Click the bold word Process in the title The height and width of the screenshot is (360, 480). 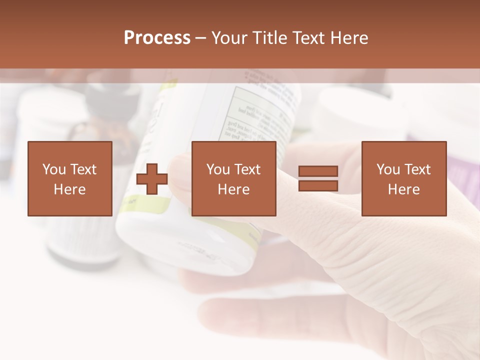coord(157,38)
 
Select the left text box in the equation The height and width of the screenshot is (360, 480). coord(69,178)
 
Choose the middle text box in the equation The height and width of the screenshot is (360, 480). coord(233,178)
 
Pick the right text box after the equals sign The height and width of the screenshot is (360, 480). coord(403,178)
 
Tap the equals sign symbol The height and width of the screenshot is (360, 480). coord(318,178)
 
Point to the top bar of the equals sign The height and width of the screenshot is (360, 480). coord(318,171)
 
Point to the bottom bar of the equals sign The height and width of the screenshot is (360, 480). coord(318,185)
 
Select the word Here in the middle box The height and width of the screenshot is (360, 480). coord(233,189)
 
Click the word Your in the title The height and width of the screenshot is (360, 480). coord(230,38)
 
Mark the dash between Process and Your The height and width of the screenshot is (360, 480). coord(201,38)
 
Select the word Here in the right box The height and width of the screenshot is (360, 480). coord(403,189)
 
